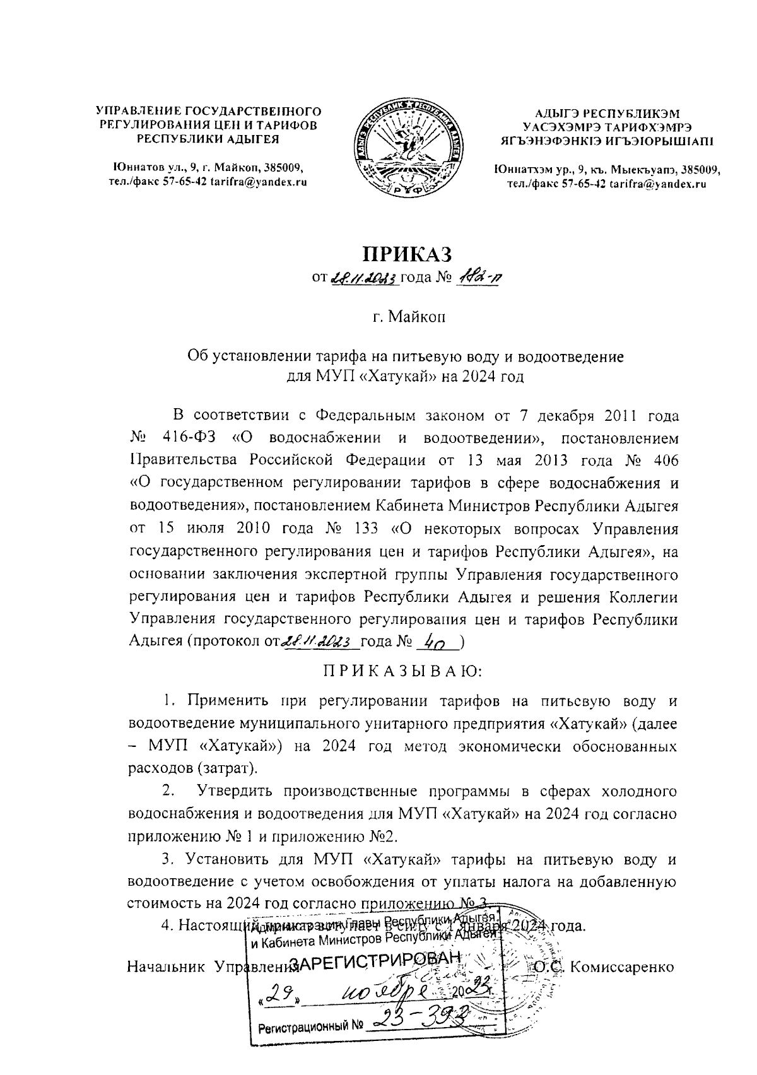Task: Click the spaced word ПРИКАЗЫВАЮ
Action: (x=402, y=671)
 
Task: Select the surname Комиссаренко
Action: (x=621, y=966)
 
